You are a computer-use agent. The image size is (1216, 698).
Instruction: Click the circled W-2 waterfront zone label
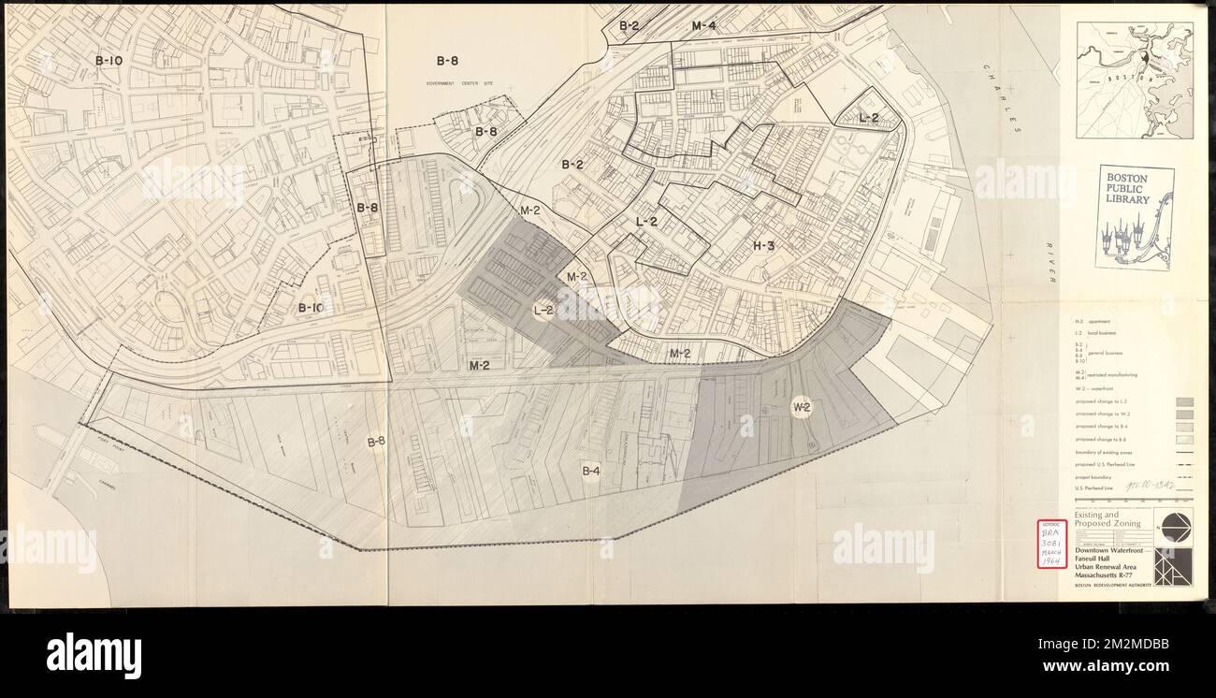pyautogui.click(x=802, y=407)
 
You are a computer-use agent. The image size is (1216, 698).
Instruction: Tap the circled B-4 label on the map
pyautogui.click(x=590, y=471)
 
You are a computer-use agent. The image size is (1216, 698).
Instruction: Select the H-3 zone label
pyautogui.click(x=763, y=246)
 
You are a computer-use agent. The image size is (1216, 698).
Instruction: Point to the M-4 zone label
pyautogui.click(x=703, y=26)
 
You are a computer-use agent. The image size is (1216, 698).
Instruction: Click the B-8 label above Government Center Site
pyautogui.click(x=447, y=61)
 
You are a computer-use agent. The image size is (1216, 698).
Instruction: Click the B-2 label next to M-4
pyautogui.click(x=629, y=26)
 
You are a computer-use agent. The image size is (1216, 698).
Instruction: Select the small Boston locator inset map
pyautogui.click(x=1135, y=80)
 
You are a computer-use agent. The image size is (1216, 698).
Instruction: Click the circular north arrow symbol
pyautogui.click(x=1173, y=527)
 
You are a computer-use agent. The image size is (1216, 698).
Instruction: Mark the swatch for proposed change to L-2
pyautogui.click(x=1183, y=402)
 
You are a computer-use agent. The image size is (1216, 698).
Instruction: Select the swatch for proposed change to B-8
pyautogui.click(x=1183, y=438)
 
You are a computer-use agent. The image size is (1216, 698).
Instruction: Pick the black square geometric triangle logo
pyautogui.click(x=1173, y=567)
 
